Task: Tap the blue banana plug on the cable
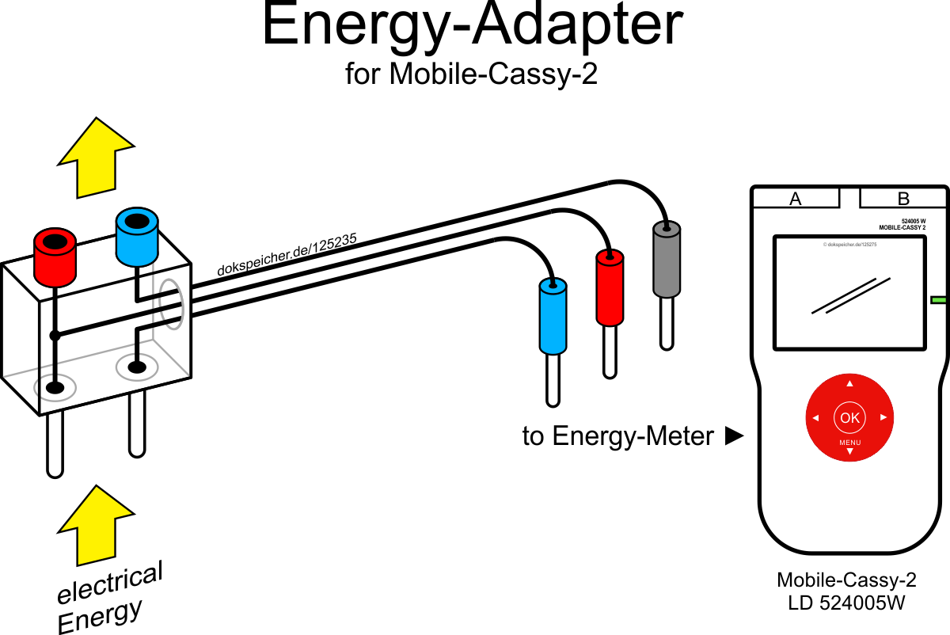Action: point(553,317)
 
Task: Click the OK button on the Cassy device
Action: point(849,417)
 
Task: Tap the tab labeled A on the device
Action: point(796,199)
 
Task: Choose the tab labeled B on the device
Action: point(903,199)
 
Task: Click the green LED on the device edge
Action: point(940,300)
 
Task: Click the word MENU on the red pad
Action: point(849,442)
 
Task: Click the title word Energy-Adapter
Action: point(472,25)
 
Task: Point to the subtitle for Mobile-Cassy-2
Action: point(472,74)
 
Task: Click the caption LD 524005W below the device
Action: point(846,603)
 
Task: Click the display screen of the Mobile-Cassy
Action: point(849,292)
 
